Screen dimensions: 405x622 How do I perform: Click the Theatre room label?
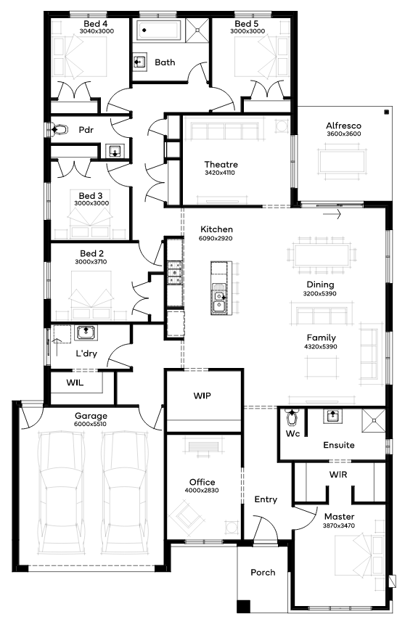(x=221, y=164)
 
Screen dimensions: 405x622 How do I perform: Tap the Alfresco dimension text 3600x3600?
(x=344, y=134)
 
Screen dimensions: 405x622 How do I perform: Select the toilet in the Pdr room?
(x=58, y=129)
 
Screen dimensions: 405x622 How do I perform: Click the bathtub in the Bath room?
(x=159, y=30)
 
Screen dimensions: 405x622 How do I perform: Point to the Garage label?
(x=91, y=416)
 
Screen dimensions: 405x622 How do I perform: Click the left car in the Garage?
(x=62, y=492)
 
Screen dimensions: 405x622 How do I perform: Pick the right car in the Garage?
(x=125, y=492)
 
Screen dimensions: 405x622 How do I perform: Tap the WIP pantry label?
(x=202, y=396)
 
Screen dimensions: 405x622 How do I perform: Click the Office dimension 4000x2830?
(x=202, y=491)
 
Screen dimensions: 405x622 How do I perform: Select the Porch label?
(x=263, y=573)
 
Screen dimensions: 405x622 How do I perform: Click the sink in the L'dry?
(x=86, y=332)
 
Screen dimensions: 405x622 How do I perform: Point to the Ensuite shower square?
(x=373, y=420)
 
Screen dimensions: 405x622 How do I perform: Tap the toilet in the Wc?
(x=293, y=417)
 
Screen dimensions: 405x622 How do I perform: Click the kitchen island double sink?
(x=219, y=301)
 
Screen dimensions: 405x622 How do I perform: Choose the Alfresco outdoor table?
(x=342, y=161)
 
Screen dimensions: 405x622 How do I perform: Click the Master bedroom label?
(x=339, y=517)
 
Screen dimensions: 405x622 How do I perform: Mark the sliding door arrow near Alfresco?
(x=332, y=215)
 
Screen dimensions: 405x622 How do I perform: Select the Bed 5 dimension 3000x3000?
(x=247, y=31)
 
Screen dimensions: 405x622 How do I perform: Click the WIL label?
(x=75, y=382)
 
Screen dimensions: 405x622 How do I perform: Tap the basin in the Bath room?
(x=139, y=62)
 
